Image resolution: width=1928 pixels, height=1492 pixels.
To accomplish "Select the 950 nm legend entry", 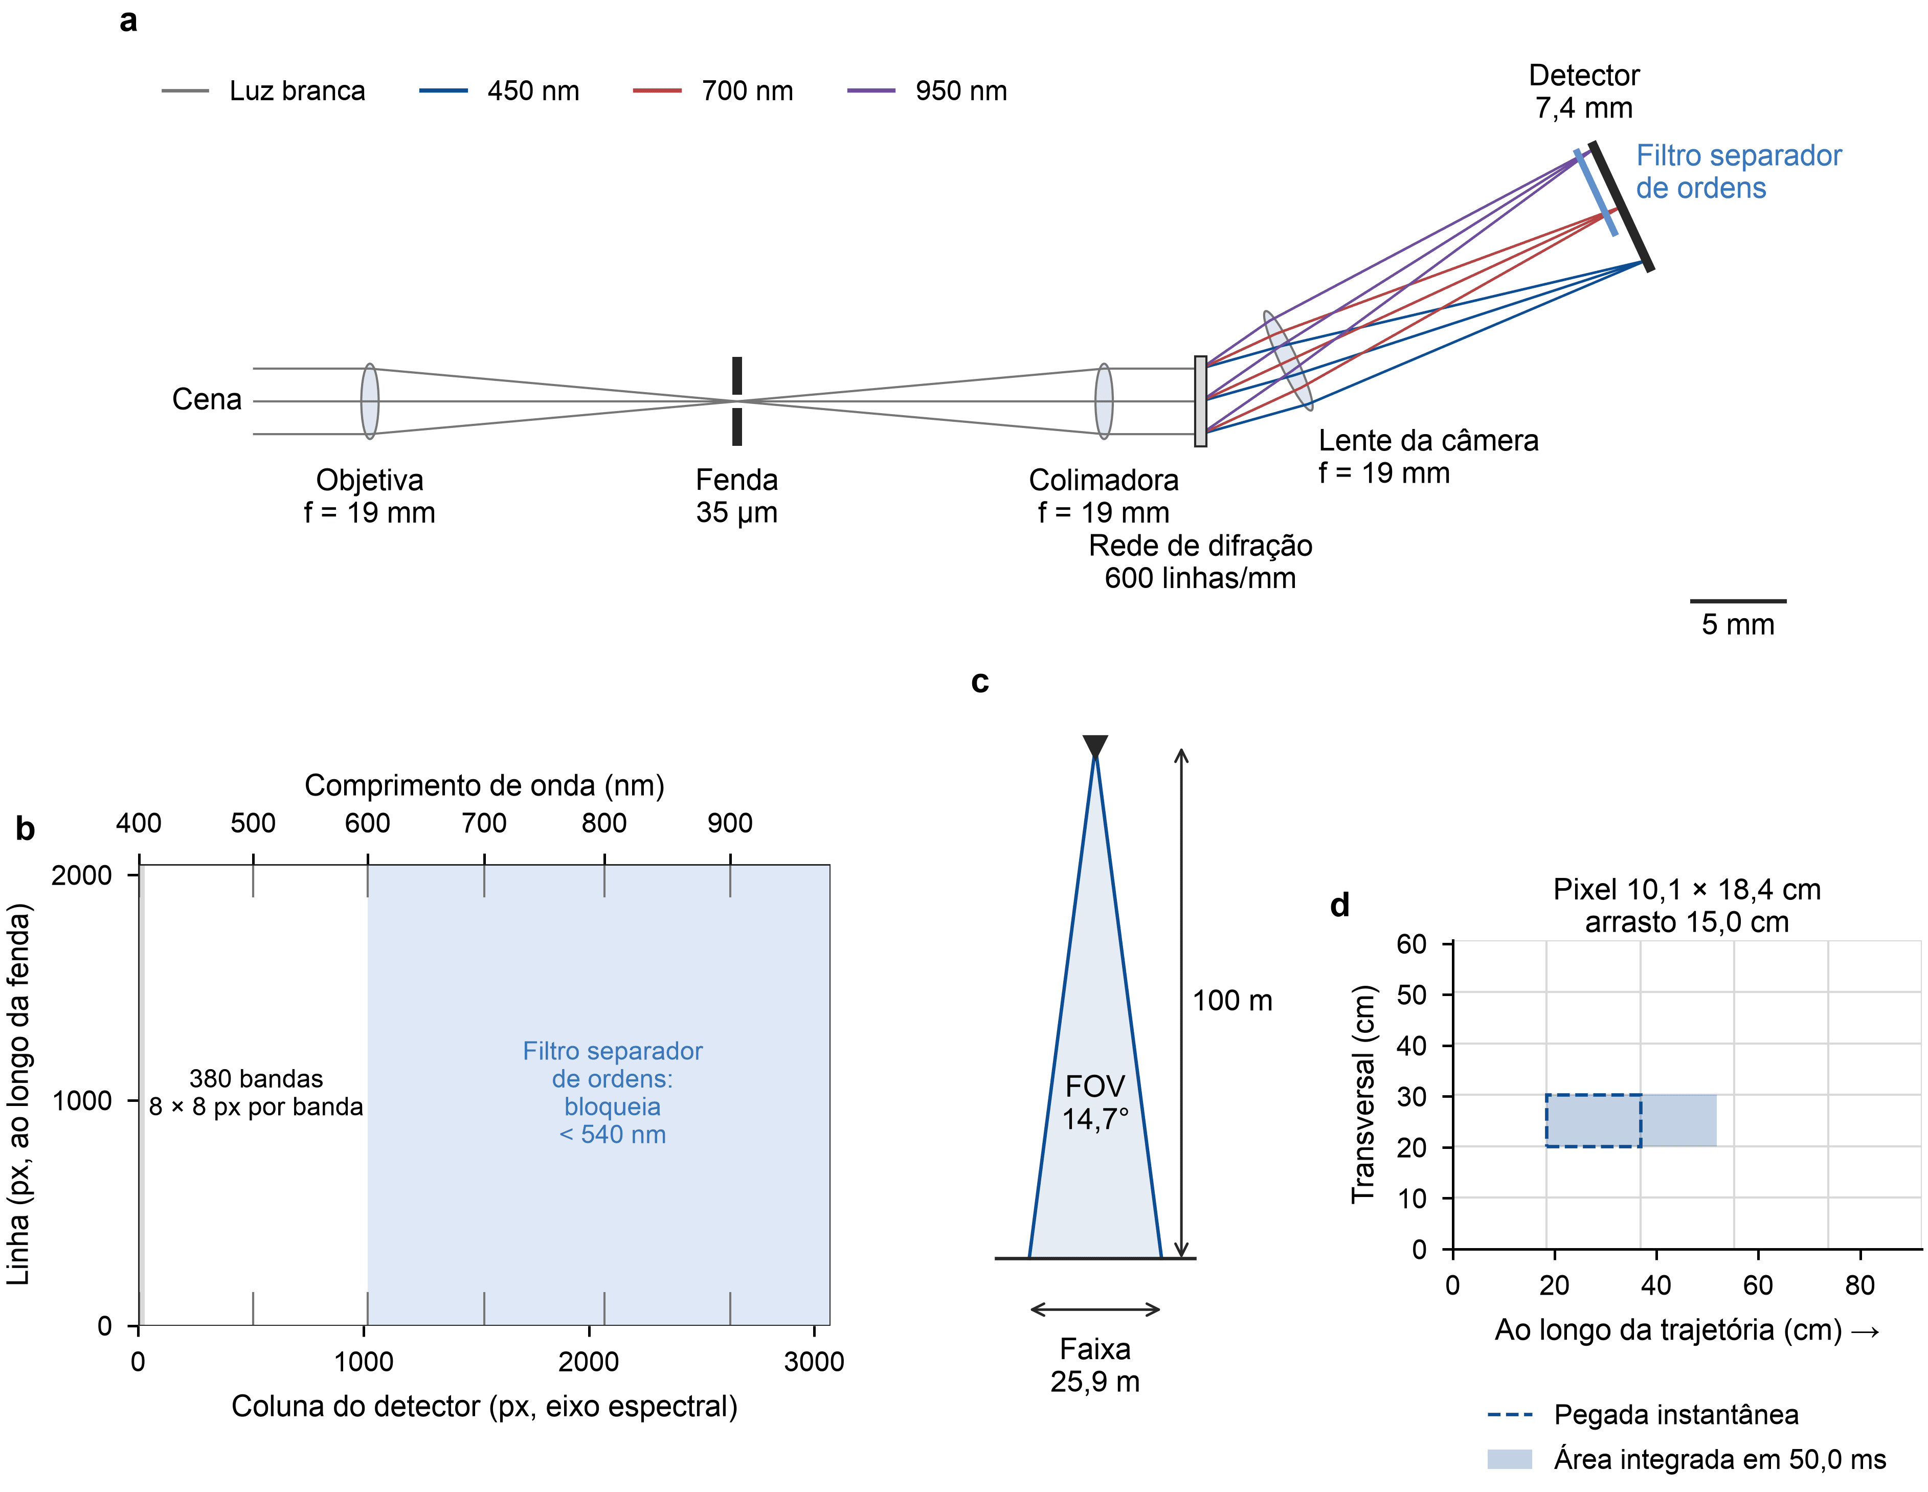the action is (927, 91).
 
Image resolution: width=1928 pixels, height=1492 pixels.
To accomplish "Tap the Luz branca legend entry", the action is (263, 91).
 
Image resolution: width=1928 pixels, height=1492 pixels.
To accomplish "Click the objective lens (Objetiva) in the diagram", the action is (370, 401).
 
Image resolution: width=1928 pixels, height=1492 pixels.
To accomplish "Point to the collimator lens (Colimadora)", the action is (1104, 401).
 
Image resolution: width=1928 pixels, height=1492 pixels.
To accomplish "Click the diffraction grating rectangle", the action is (1201, 401).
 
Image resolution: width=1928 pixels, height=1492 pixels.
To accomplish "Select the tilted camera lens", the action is (1288, 360).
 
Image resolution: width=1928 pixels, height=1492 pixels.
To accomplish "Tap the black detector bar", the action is (1621, 206).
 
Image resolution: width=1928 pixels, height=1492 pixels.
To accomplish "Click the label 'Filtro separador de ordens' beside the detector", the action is (1738, 171).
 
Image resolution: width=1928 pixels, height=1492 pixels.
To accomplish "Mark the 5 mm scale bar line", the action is (1737, 601).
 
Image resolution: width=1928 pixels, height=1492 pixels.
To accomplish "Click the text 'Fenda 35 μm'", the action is (736, 496).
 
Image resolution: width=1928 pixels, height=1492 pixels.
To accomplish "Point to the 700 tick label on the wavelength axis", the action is (484, 823).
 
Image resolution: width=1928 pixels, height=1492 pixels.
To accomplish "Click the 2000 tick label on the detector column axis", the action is (589, 1361).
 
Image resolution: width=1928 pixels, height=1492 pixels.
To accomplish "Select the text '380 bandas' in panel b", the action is (256, 1078).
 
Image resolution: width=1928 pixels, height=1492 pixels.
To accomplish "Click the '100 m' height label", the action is (1232, 1000).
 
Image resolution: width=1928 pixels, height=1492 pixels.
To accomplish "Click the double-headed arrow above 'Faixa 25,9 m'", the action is (1094, 1309).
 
